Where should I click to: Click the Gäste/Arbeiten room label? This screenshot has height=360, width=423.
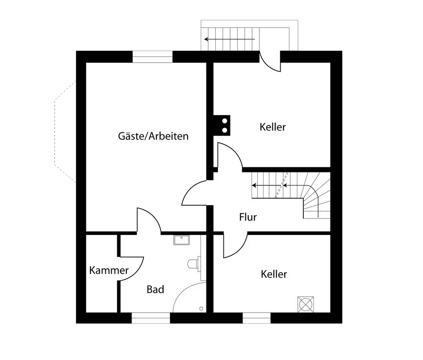click(x=153, y=136)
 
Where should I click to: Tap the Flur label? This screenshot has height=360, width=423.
click(x=248, y=217)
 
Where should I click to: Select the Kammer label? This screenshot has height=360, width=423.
click(x=109, y=270)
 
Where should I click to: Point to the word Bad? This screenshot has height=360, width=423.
click(x=155, y=289)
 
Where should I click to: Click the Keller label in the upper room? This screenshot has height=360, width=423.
click(x=273, y=126)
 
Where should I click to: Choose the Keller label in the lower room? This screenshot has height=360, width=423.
click(x=274, y=274)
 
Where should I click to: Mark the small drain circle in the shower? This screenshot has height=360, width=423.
click(x=201, y=308)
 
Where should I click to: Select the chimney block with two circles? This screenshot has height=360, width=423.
click(x=222, y=125)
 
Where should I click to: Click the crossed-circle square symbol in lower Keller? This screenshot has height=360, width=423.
click(x=305, y=304)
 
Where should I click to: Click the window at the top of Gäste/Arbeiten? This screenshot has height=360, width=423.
click(x=153, y=57)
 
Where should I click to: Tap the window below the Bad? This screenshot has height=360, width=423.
click(x=151, y=318)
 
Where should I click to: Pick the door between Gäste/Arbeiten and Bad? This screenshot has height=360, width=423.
click(x=148, y=221)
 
